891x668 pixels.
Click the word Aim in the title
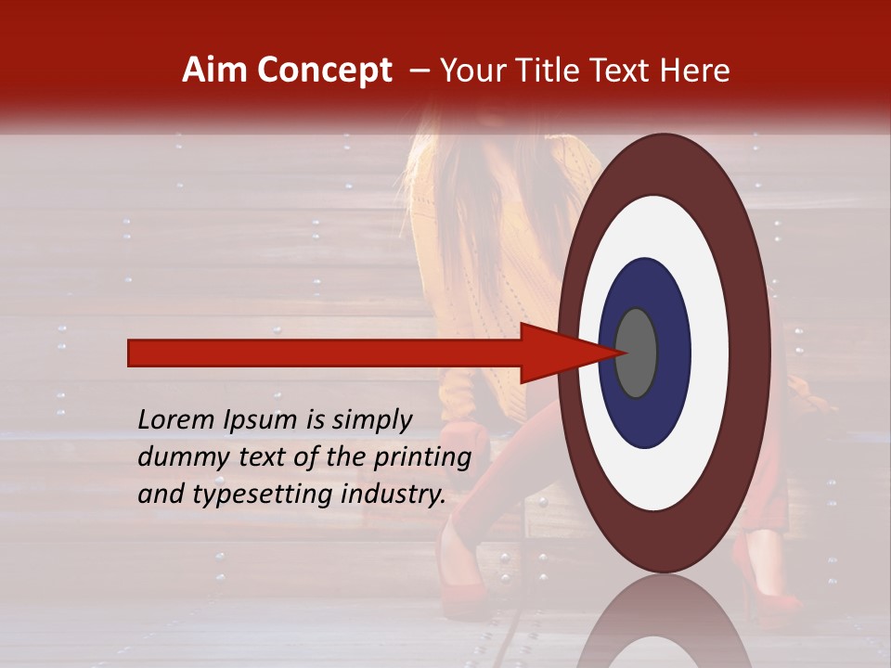click(214, 71)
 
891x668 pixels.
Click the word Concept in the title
click(323, 71)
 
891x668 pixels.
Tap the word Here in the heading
click(697, 71)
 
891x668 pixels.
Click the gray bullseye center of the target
click(637, 353)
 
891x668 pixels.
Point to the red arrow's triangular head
click(557, 353)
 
